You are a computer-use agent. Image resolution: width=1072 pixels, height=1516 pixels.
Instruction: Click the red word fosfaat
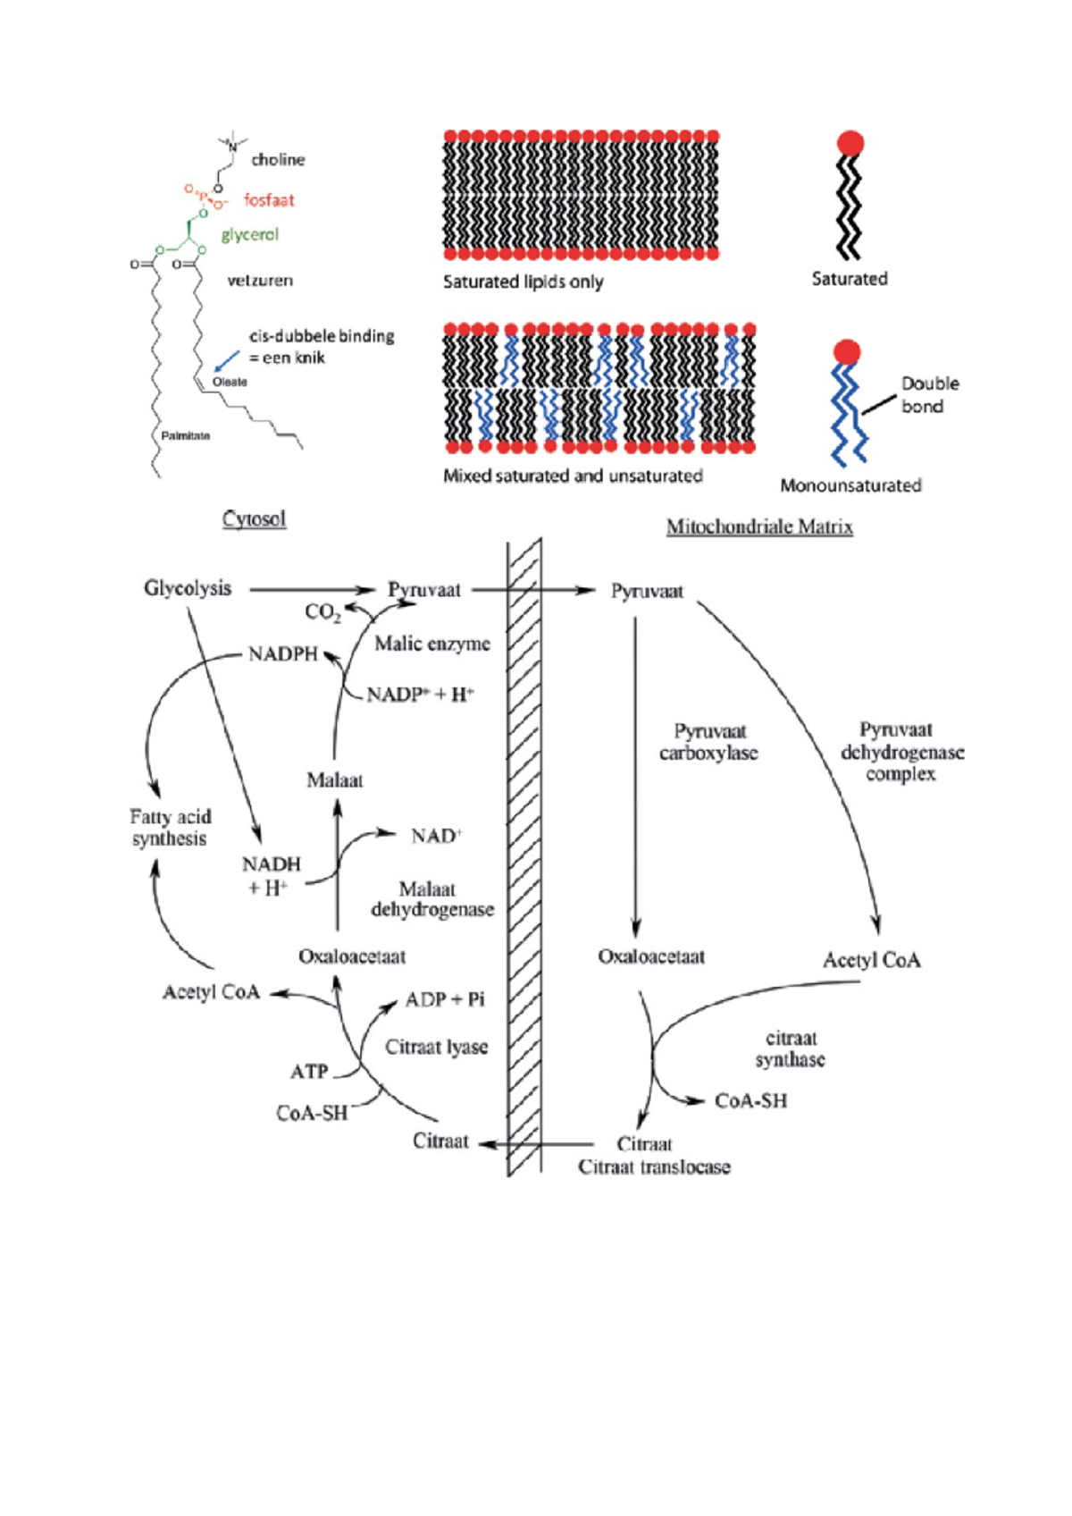pos(268,200)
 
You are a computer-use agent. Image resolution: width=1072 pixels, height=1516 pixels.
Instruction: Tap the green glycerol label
pos(249,234)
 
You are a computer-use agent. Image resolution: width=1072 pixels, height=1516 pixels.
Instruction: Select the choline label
pos(278,160)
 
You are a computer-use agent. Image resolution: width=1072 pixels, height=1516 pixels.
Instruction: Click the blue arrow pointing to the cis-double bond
pos(227,360)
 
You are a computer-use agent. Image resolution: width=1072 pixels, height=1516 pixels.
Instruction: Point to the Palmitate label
pos(185,436)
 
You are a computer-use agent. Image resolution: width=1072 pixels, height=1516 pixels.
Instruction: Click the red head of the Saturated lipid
pos(850,143)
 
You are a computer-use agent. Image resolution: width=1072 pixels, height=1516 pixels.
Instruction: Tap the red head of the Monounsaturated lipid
pos(846,351)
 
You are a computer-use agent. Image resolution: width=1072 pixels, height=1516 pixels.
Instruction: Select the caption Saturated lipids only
pos(523,282)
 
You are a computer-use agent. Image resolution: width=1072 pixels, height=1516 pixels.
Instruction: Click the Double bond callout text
pos(928,395)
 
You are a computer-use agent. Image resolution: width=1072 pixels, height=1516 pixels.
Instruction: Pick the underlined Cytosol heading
pos(254,519)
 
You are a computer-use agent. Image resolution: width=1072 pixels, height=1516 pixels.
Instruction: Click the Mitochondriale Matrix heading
pos(759,527)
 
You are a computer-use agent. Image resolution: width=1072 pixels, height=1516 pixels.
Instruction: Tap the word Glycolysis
pos(188,589)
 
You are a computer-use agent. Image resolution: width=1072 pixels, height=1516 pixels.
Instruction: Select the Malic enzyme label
pos(431,644)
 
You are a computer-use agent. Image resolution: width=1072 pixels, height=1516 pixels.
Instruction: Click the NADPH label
pos(282,654)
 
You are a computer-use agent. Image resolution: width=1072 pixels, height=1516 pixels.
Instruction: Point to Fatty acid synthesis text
pos(170,828)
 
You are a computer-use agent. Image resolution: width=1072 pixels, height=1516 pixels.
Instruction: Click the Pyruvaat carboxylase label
pos(708,743)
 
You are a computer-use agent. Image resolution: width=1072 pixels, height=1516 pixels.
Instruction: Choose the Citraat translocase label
pos(654,1167)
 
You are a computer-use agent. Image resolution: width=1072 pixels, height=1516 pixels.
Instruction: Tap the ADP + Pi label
pos(444,999)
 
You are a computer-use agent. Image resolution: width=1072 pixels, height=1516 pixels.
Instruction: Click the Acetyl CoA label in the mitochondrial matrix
pos(871,961)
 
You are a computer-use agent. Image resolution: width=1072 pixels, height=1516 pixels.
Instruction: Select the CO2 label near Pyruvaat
pos(322,612)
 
